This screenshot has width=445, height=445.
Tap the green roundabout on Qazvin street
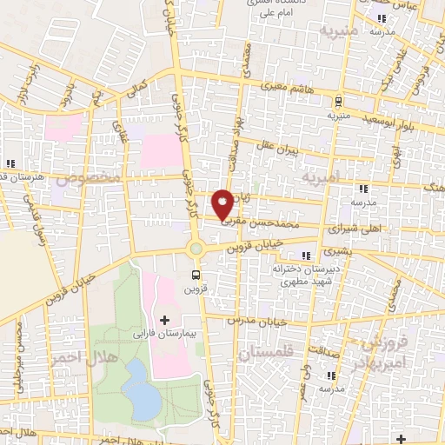[196, 249]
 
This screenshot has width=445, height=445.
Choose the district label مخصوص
[87, 180]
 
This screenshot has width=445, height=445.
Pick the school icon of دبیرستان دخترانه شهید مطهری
[304, 255]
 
